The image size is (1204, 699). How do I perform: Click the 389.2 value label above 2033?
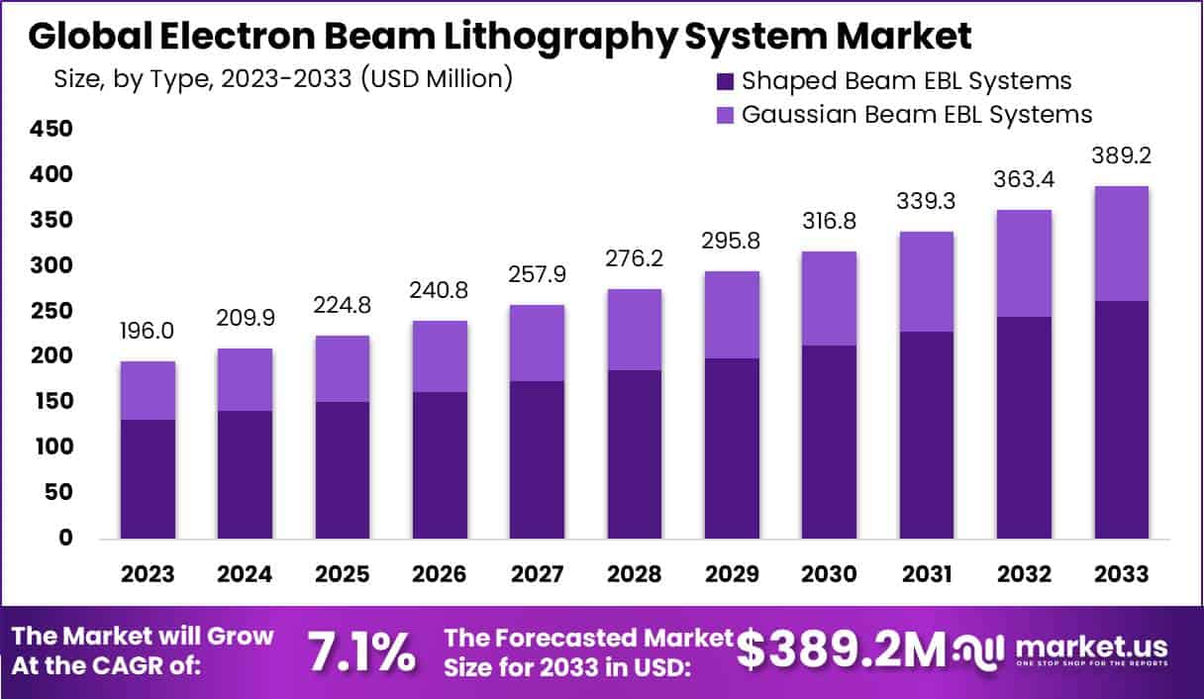tap(1121, 156)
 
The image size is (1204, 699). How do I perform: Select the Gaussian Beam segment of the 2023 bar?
tap(148, 390)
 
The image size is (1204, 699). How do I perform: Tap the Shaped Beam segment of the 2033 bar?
tap(1121, 420)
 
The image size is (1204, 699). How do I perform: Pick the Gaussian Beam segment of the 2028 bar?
tap(635, 330)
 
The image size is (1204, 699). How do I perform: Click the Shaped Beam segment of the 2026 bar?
tap(440, 465)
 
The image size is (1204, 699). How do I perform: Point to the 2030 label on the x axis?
tap(829, 574)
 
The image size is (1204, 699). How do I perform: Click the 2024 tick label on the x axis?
tap(245, 574)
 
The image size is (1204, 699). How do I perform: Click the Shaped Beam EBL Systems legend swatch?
tap(725, 81)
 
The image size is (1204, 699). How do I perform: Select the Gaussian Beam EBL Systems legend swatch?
tap(725, 115)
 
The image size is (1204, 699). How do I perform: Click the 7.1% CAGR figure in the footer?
tap(361, 652)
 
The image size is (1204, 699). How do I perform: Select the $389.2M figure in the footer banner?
tap(843, 650)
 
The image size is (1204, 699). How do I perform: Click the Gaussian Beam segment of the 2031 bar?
tap(926, 282)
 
